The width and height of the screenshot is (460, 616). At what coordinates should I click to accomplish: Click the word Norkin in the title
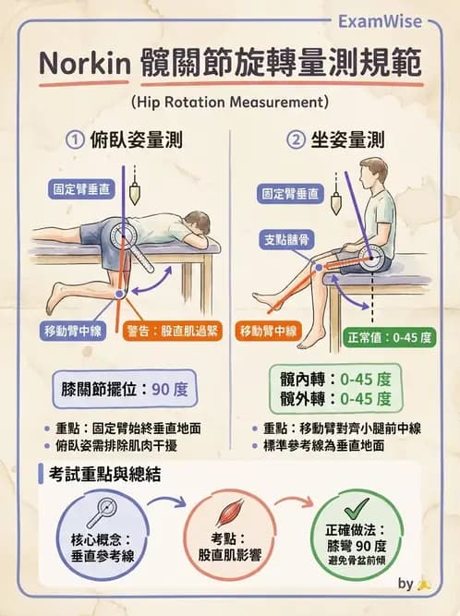[81, 66]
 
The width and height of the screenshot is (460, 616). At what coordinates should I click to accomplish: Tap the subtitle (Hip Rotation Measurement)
[230, 100]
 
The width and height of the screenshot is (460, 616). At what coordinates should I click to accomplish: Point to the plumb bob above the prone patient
[136, 192]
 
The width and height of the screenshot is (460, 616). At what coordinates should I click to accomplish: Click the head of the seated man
[373, 174]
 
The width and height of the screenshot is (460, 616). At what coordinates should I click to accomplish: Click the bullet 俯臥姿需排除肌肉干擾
[118, 446]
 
